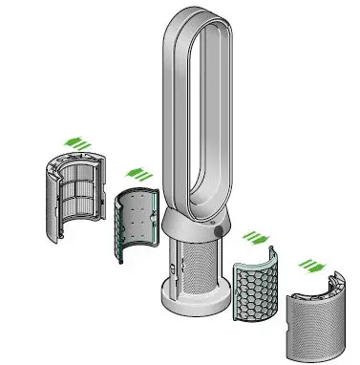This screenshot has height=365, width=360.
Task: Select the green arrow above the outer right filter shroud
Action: [309, 263]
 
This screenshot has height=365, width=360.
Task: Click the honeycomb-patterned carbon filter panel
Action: [255, 286]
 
